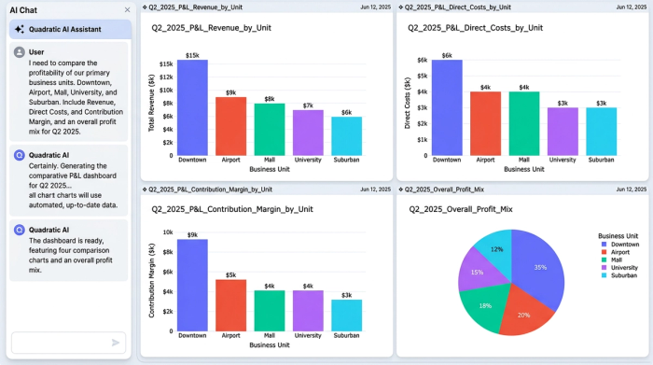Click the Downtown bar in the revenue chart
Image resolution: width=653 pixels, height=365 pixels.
click(191, 107)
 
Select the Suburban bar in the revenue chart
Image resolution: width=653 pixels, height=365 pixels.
click(346, 136)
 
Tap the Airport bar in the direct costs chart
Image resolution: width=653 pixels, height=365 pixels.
click(485, 123)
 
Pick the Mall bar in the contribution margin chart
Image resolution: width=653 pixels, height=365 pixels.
click(269, 311)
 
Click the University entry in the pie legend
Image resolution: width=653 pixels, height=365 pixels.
click(624, 267)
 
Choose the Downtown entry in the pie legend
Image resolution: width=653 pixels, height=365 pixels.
click(624, 244)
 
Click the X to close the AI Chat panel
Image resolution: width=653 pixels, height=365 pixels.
click(128, 10)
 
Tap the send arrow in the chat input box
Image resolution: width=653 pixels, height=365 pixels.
click(116, 343)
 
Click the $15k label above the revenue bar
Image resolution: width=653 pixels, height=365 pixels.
click(192, 55)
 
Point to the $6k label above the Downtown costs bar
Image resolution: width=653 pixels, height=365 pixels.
click(447, 55)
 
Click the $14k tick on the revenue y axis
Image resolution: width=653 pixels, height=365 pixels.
click(165, 77)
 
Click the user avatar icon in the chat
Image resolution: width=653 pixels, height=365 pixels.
click(20, 52)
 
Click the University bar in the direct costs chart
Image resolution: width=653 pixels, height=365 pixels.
click(563, 131)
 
